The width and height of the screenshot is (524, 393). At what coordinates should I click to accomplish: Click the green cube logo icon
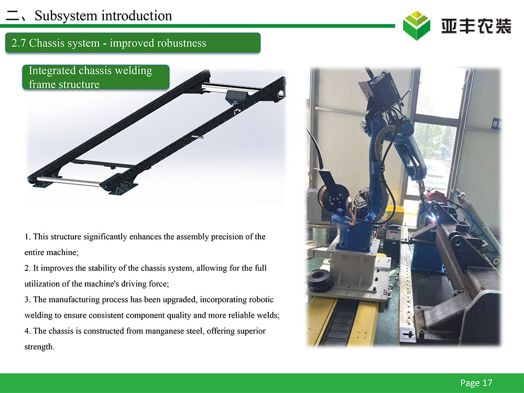(x=417, y=26)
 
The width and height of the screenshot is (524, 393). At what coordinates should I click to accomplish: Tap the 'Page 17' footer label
(x=476, y=383)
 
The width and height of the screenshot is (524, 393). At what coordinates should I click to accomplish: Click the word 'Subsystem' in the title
(x=66, y=16)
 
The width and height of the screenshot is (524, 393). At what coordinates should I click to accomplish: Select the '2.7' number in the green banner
(x=18, y=43)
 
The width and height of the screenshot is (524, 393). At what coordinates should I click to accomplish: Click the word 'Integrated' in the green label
(x=52, y=71)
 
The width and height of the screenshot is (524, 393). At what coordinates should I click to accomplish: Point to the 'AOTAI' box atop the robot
(x=381, y=90)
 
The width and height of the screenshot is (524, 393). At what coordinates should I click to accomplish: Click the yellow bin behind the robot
(x=395, y=214)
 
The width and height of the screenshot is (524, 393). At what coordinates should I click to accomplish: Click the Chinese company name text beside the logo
(x=476, y=26)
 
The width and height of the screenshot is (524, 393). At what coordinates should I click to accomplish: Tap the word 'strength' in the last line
(x=39, y=347)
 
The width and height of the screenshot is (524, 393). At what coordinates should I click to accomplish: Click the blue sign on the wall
(x=496, y=124)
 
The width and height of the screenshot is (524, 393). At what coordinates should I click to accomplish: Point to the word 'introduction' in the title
(x=137, y=16)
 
